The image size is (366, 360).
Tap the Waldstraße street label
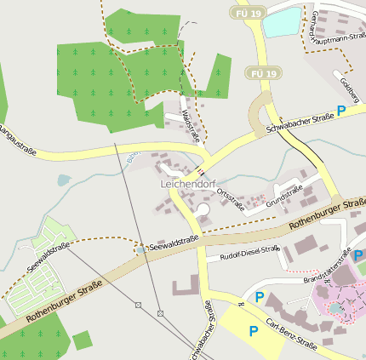pos(191,124)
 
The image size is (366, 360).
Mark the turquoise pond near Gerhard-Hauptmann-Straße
pos(282,21)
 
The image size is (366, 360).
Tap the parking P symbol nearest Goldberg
pos(341,111)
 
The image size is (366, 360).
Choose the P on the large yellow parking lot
pos(253,330)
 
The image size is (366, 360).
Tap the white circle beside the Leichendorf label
pos(203,209)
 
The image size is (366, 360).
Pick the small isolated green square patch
pos(82,340)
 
